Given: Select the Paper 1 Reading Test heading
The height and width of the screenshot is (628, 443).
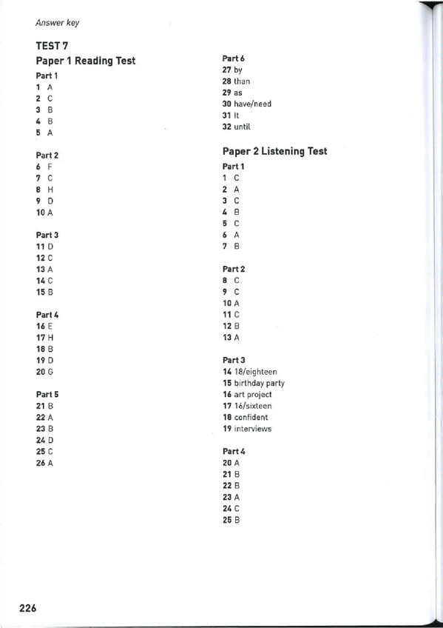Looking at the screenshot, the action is pyautogui.click(x=85, y=61).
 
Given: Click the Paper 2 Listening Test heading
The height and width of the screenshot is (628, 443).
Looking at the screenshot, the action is pyautogui.click(x=274, y=151).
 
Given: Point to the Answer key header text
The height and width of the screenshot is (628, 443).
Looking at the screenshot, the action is pyautogui.click(x=57, y=23).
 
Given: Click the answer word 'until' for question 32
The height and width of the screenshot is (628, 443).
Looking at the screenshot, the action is pyautogui.click(x=243, y=127).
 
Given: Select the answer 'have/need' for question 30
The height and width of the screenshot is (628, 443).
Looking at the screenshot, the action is pyautogui.click(x=252, y=104).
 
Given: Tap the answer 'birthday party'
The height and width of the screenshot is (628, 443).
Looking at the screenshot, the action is pyautogui.click(x=259, y=384).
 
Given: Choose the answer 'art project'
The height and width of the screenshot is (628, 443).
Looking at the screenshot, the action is pyautogui.click(x=253, y=395).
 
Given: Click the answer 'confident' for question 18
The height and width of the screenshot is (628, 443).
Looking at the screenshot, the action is pyautogui.click(x=251, y=418).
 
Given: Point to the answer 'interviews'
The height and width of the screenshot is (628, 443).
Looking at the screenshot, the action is pyautogui.click(x=253, y=429).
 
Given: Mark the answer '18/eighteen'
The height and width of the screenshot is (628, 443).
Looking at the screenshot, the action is pyautogui.click(x=255, y=372).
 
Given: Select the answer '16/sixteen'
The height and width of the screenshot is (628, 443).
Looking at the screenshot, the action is pyautogui.click(x=253, y=406).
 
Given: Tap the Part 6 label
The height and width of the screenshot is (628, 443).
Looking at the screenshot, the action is pyautogui.click(x=233, y=58).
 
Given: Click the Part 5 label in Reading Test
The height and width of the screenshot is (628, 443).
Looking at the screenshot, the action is pyautogui.click(x=47, y=394).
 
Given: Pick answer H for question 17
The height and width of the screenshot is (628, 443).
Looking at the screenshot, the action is pyautogui.click(x=51, y=338).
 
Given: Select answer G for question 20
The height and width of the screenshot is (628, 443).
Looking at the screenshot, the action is pyautogui.click(x=51, y=372).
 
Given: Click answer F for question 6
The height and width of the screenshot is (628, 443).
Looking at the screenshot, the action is pyautogui.click(x=50, y=167).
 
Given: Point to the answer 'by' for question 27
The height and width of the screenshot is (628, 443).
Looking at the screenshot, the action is pyautogui.click(x=238, y=70).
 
